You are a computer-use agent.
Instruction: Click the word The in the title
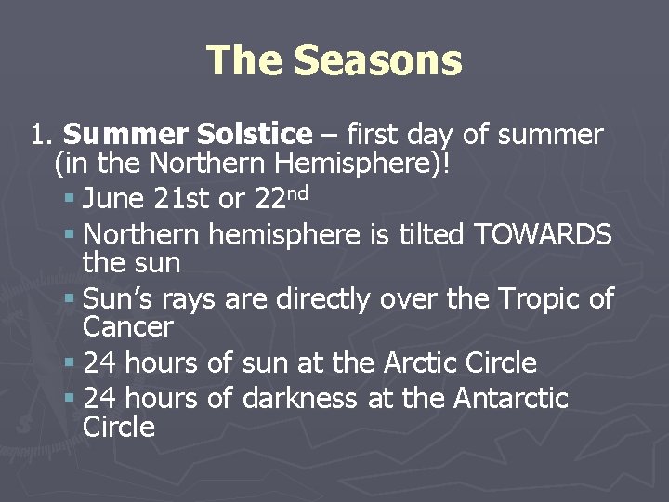pyautogui.click(x=244, y=60)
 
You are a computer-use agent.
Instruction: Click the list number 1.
pyautogui.click(x=38, y=135)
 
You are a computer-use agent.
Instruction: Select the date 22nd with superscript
pyautogui.click(x=278, y=197)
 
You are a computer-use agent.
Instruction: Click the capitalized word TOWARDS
pyautogui.click(x=543, y=234)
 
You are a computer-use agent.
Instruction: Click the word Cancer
pyautogui.click(x=127, y=326)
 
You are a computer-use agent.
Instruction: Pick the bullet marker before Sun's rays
pyautogui.click(x=70, y=299)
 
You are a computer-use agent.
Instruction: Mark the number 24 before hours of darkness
pyautogui.click(x=98, y=399)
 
